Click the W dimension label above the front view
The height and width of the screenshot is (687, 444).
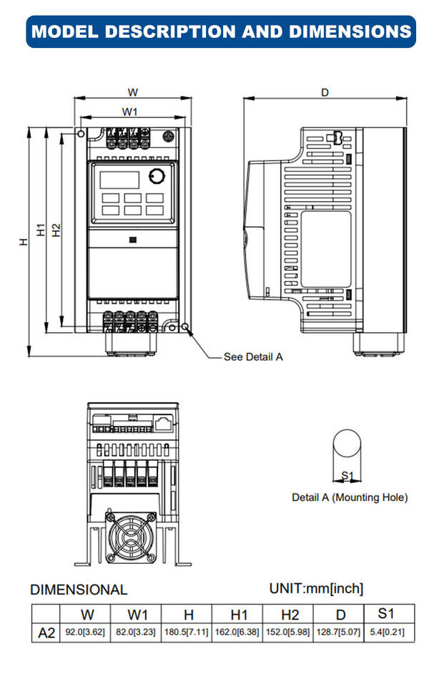click(132, 92)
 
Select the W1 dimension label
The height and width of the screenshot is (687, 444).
click(129, 112)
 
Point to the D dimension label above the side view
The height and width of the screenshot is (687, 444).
click(325, 92)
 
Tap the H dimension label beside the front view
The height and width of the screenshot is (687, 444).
click(24, 242)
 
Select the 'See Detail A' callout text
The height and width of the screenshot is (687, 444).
click(253, 356)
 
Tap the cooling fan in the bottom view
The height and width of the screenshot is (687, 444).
click(131, 536)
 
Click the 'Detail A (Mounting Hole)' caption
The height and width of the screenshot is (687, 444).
click(350, 497)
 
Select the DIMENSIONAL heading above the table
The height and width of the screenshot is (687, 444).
click(79, 590)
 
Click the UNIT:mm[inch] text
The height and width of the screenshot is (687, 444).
click(316, 588)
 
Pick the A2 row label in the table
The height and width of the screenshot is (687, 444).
click(46, 633)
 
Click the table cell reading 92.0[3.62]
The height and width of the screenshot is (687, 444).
click(86, 633)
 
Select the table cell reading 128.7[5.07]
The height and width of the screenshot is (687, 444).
click(340, 633)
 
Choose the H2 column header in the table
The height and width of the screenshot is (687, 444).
click(290, 615)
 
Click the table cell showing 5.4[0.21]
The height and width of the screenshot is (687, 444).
click(386, 633)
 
